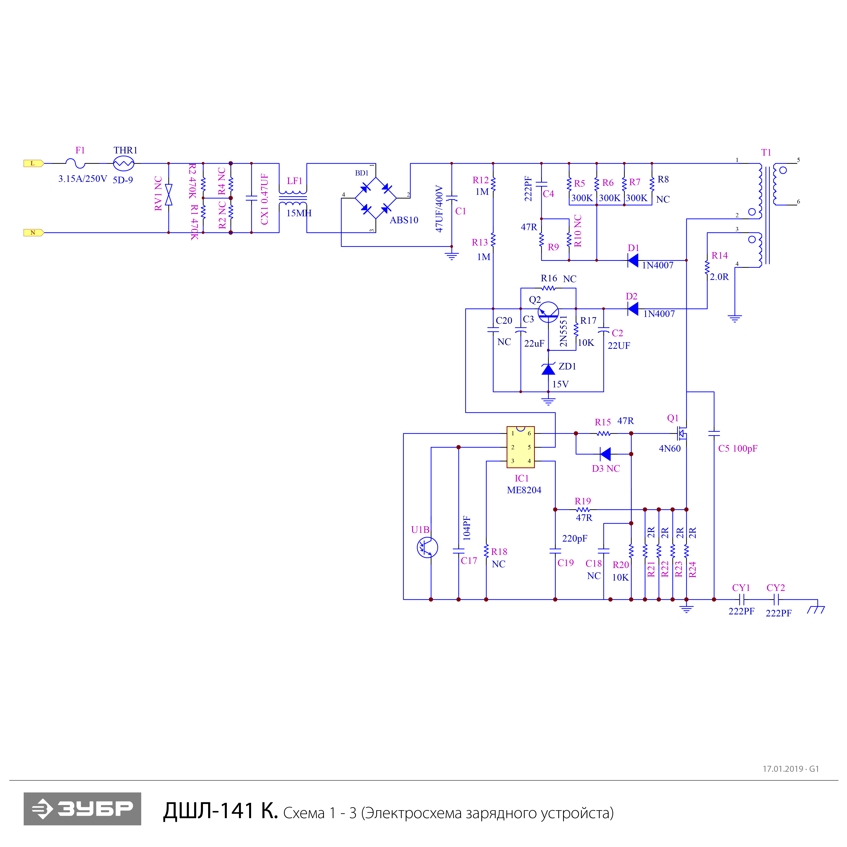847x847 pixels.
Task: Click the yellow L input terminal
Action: click(33, 164)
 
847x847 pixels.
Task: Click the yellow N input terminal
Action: click(33, 232)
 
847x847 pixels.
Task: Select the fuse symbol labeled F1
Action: click(75, 164)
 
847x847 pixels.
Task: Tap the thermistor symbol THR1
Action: click(124, 164)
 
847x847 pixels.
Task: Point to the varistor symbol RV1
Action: click(168, 195)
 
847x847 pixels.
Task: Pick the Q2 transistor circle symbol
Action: click(548, 312)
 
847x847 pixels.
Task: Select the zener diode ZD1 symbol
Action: click(548, 369)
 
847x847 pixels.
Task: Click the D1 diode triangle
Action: click(633, 260)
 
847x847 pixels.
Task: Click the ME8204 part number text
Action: click(524, 490)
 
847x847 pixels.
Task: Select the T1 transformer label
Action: click(766, 153)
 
